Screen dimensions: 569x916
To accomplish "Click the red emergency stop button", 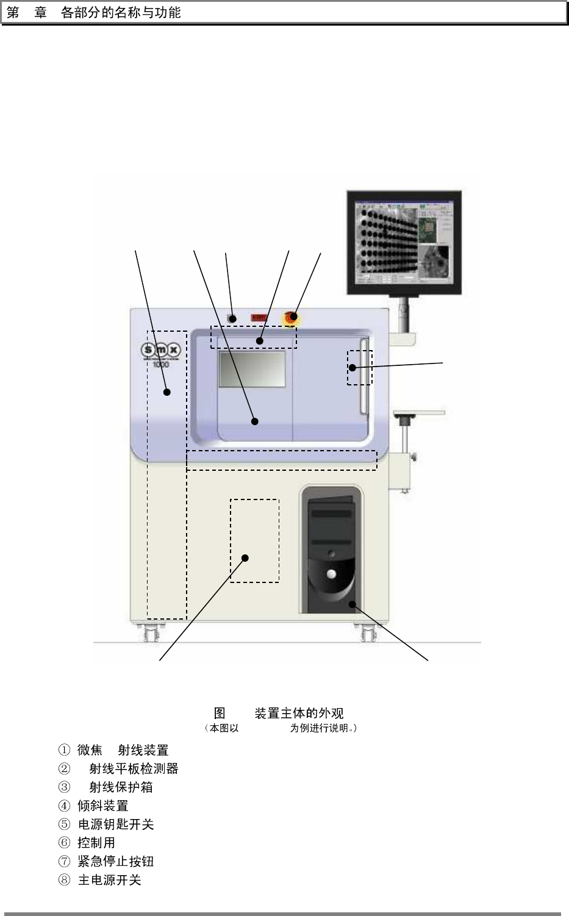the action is pos(292,317).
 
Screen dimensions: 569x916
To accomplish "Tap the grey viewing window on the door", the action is pos(252,368).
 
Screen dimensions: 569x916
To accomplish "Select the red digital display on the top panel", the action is pos(259,318).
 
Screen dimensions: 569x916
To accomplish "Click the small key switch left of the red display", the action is pos(232,318).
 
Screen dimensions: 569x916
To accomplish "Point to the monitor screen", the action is pos(404,240).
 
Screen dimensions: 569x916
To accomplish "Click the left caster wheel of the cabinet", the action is pos(148,634).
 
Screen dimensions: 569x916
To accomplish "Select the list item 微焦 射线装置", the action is pos(122,750).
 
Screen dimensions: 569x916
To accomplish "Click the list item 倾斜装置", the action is pos(102,806).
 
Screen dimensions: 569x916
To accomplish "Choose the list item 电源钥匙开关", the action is pos(115,825).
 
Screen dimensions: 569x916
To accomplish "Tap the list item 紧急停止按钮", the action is pos(115,861).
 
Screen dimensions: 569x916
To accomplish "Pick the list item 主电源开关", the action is pos(109,880).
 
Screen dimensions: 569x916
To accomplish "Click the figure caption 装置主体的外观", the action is pos(298,713).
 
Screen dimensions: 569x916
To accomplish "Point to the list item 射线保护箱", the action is pos(120,787).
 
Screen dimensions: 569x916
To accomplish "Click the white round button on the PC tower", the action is pos(331,574).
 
